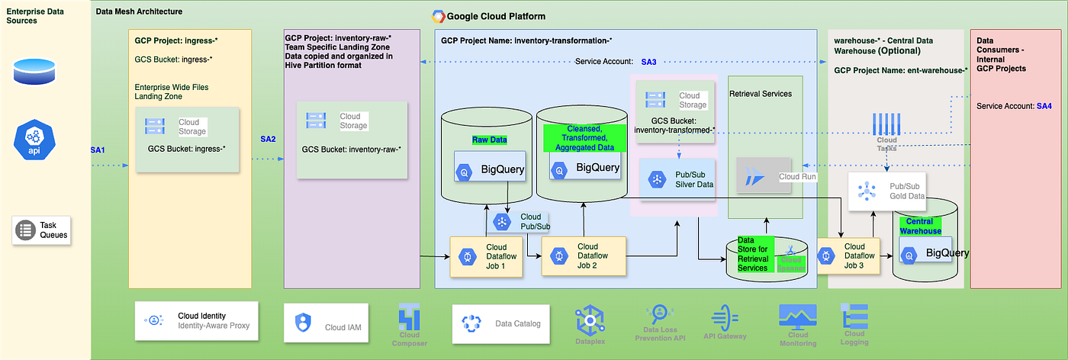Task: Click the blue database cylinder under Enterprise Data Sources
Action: tap(32, 71)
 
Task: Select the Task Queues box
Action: tap(42, 230)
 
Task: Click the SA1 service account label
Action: tap(98, 150)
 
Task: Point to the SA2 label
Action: tap(268, 139)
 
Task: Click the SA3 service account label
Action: tap(648, 61)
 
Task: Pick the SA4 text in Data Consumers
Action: tap(1044, 106)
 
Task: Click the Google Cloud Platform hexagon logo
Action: tap(439, 16)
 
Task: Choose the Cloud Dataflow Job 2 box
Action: tap(584, 256)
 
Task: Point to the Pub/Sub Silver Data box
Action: tap(678, 179)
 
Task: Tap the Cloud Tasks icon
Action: tap(887, 124)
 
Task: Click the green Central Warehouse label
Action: tap(920, 226)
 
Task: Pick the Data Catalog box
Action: tap(500, 324)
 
